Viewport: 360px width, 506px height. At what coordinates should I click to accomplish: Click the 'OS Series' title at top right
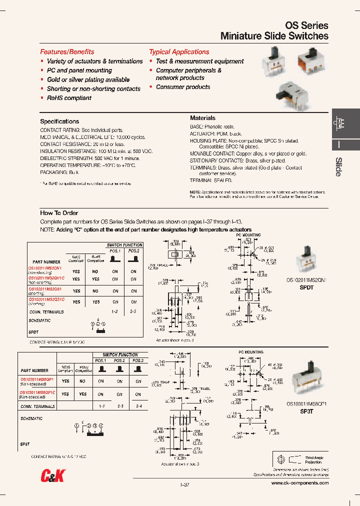tap(306, 25)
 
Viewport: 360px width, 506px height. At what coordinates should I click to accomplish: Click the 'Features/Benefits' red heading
tap(67, 52)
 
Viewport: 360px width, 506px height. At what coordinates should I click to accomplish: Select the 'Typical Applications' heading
tap(179, 52)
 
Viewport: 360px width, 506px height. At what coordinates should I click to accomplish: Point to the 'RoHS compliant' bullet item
tap(69, 98)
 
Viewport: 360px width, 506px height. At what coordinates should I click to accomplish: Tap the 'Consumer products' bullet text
tap(183, 87)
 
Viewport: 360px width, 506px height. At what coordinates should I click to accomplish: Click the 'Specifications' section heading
tap(59, 121)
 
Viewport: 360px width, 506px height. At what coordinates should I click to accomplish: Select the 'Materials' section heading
tap(202, 118)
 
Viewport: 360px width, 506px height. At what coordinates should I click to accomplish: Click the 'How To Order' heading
tap(59, 213)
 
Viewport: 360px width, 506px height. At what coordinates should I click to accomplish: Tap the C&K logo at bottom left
tap(52, 477)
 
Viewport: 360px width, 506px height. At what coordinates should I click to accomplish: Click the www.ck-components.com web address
tap(299, 483)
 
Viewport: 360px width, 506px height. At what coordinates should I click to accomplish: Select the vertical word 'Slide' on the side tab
tap(338, 166)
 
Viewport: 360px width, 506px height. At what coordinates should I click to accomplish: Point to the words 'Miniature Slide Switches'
tap(274, 36)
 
